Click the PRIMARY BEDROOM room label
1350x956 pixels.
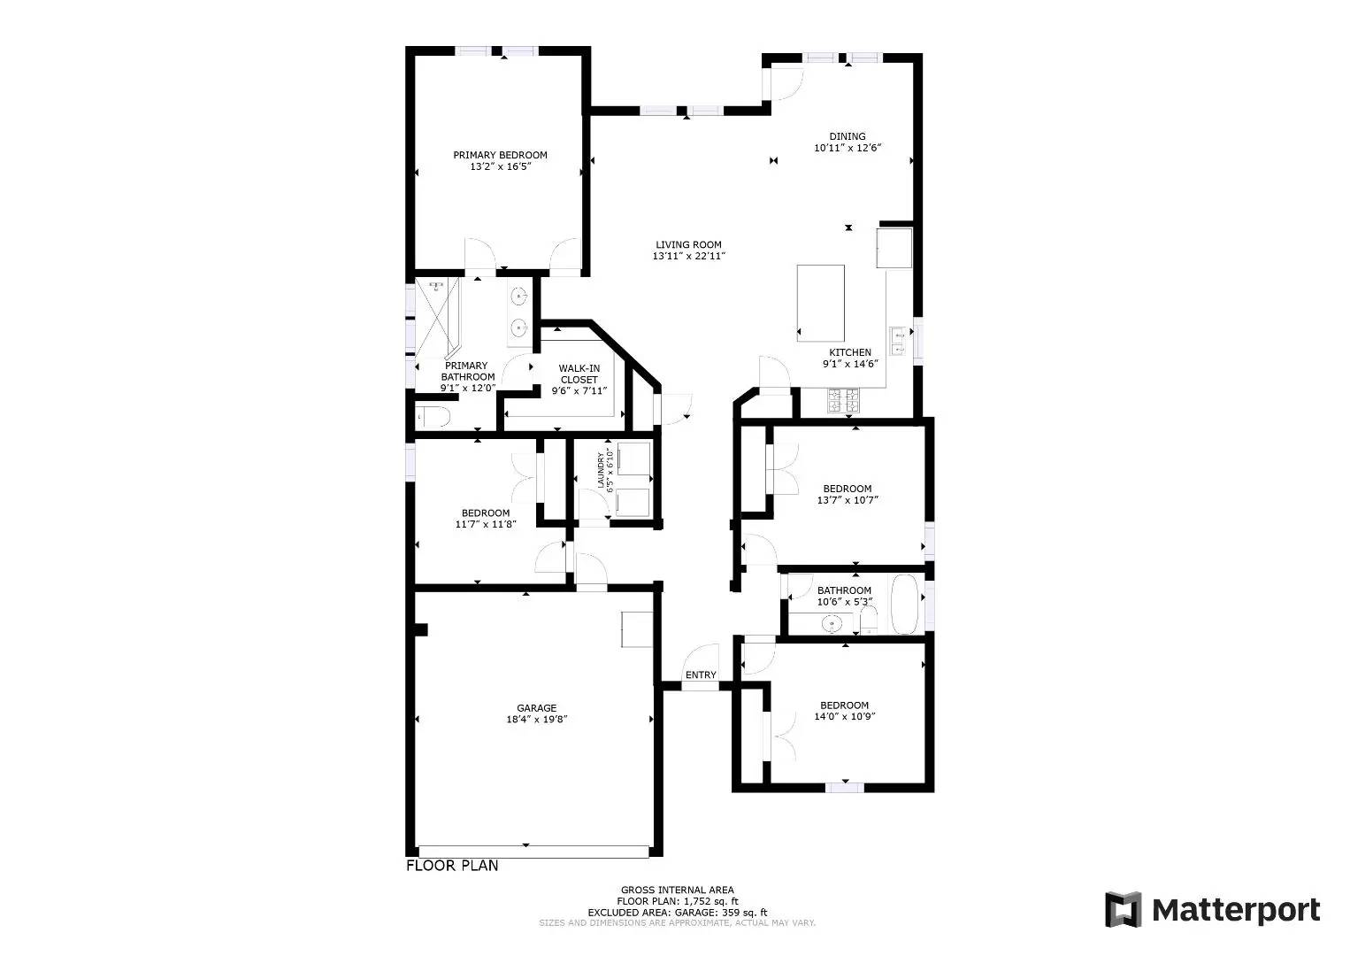point(500,155)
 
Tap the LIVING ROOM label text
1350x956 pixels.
point(688,245)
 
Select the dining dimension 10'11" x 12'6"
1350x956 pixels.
point(848,149)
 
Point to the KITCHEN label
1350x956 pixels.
point(849,352)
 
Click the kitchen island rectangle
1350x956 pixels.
point(820,303)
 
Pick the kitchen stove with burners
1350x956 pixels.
point(843,402)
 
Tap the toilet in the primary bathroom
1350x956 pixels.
point(433,416)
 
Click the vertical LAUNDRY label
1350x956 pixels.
point(601,470)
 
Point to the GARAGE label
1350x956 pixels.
point(537,708)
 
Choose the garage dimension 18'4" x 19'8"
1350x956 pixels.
point(537,720)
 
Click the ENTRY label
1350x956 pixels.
point(701,675)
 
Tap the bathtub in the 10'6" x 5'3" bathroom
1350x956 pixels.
point(905,605)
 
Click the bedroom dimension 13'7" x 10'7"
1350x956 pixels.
point(848,500)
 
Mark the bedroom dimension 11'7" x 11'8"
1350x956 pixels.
point(486,524)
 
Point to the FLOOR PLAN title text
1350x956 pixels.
point(452,866)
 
